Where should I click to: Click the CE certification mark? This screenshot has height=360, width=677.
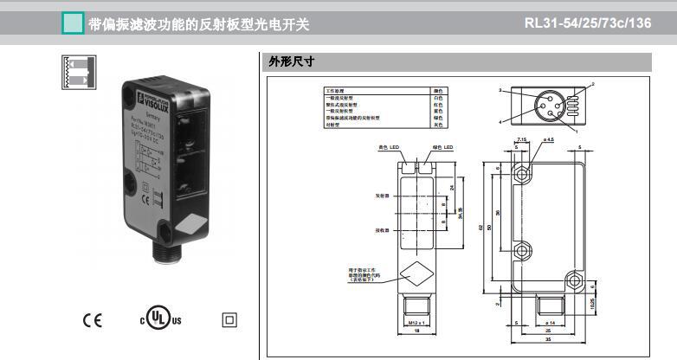coord(92,320)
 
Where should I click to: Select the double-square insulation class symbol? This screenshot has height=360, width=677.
coord(229,320)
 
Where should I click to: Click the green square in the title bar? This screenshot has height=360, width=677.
coord(73,23)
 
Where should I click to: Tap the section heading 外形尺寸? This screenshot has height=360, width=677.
coord(290,61)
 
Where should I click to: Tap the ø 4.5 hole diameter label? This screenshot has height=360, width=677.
coord(547,138)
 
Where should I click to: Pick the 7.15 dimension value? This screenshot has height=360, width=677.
coord(521,138)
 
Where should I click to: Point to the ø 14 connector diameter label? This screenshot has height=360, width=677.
coord(547,322)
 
